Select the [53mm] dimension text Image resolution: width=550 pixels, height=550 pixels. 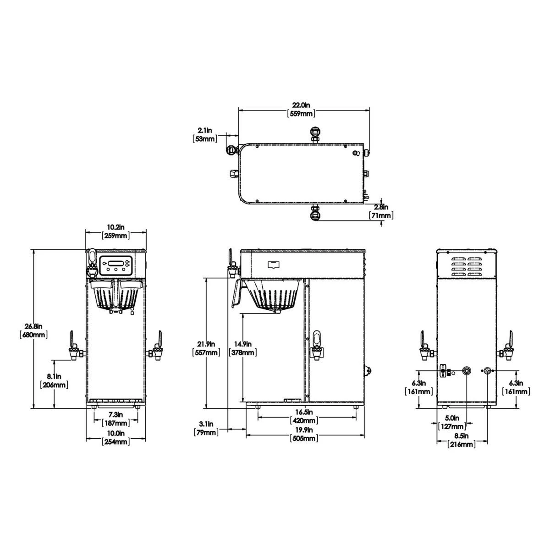coord(204,139)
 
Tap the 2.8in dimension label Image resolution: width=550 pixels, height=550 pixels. coord(381,207)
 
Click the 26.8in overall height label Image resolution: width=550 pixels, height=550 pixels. coord(34,327)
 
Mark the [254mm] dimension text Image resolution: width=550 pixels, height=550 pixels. coord(115,442)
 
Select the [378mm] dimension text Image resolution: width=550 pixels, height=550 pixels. coord(243,352)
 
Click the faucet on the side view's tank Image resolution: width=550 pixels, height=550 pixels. coord(317,344)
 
